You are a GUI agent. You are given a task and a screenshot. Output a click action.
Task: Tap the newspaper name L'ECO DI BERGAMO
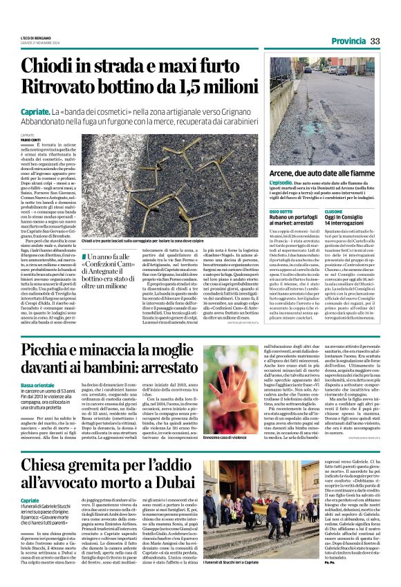coord(35,37)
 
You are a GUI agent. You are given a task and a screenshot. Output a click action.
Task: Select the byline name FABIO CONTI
coord(30,140)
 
